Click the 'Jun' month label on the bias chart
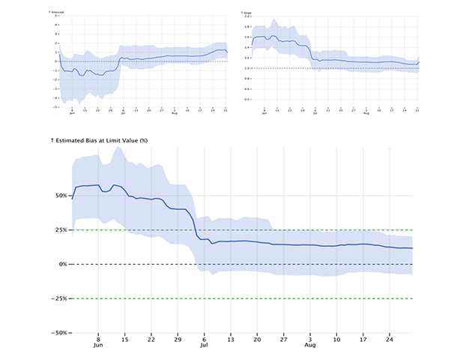click(x=98, y=346)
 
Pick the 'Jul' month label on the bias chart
click(x=204, y=346)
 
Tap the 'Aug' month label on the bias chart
click(x=310, y=346)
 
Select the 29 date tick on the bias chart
click(x=178, y=339)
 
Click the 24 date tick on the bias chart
click(x=390, y=339)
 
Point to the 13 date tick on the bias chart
click(x=231, y=339)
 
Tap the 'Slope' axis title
click(x=247, y=13)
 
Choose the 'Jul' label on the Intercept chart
click(x=123, y=113)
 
